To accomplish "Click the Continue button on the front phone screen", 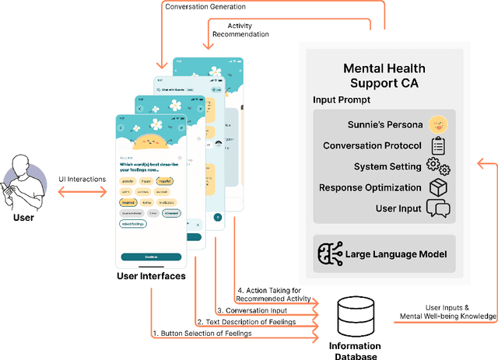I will click(x=151, y=257).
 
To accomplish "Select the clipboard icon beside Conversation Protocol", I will click(x=437, y=145).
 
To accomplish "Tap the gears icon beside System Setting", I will click(x=438, y=166).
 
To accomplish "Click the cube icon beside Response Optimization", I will click(x=437, y=187).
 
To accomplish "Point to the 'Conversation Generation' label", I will click(x=215, y=7).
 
